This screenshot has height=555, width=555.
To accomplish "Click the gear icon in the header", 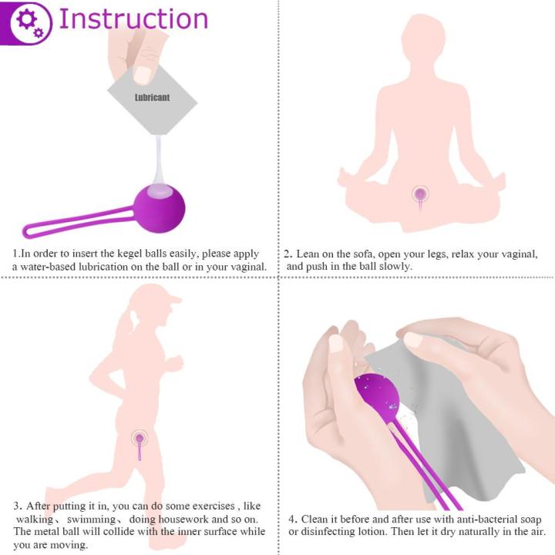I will (27, 21).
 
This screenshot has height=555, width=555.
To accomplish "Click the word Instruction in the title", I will (133, 18).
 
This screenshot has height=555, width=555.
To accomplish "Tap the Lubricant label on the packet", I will (152, 98).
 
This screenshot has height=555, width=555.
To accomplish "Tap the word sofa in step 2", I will (368, 254).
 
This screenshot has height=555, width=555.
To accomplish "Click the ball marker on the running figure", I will (140, 439).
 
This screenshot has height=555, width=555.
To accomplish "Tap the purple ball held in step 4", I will (378, 393).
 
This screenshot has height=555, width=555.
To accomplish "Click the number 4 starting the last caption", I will (293, 520).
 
